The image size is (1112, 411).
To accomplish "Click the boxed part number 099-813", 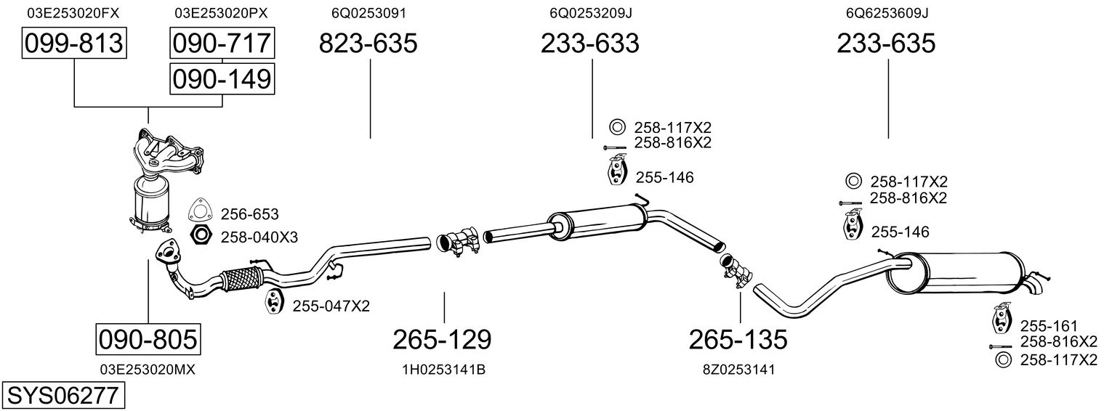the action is pos(74,43).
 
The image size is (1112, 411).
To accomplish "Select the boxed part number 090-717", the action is pos(222,43).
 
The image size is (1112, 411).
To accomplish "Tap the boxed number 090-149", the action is pos(222,79).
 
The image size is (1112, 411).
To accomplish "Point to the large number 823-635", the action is pos(368,43).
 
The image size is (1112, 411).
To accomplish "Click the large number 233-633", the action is pos(589,43).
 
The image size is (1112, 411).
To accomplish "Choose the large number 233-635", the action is pos(886,43).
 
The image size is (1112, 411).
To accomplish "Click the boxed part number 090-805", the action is pos(148,340).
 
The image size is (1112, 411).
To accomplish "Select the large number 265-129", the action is pos(442,340).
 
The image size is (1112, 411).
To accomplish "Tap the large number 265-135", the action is pos(738,340).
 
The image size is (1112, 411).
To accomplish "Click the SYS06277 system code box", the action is pos(63,396).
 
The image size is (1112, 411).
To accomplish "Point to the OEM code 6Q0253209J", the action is pos(591,13).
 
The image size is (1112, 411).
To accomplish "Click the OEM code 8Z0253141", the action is pos(738,370).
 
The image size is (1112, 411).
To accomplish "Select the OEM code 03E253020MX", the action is pos(148,370).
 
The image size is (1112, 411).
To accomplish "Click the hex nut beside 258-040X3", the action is pos(201,235).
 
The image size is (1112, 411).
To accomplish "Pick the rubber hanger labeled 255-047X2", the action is pos(273,301).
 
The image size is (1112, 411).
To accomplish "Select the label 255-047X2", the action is pos(331,306).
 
